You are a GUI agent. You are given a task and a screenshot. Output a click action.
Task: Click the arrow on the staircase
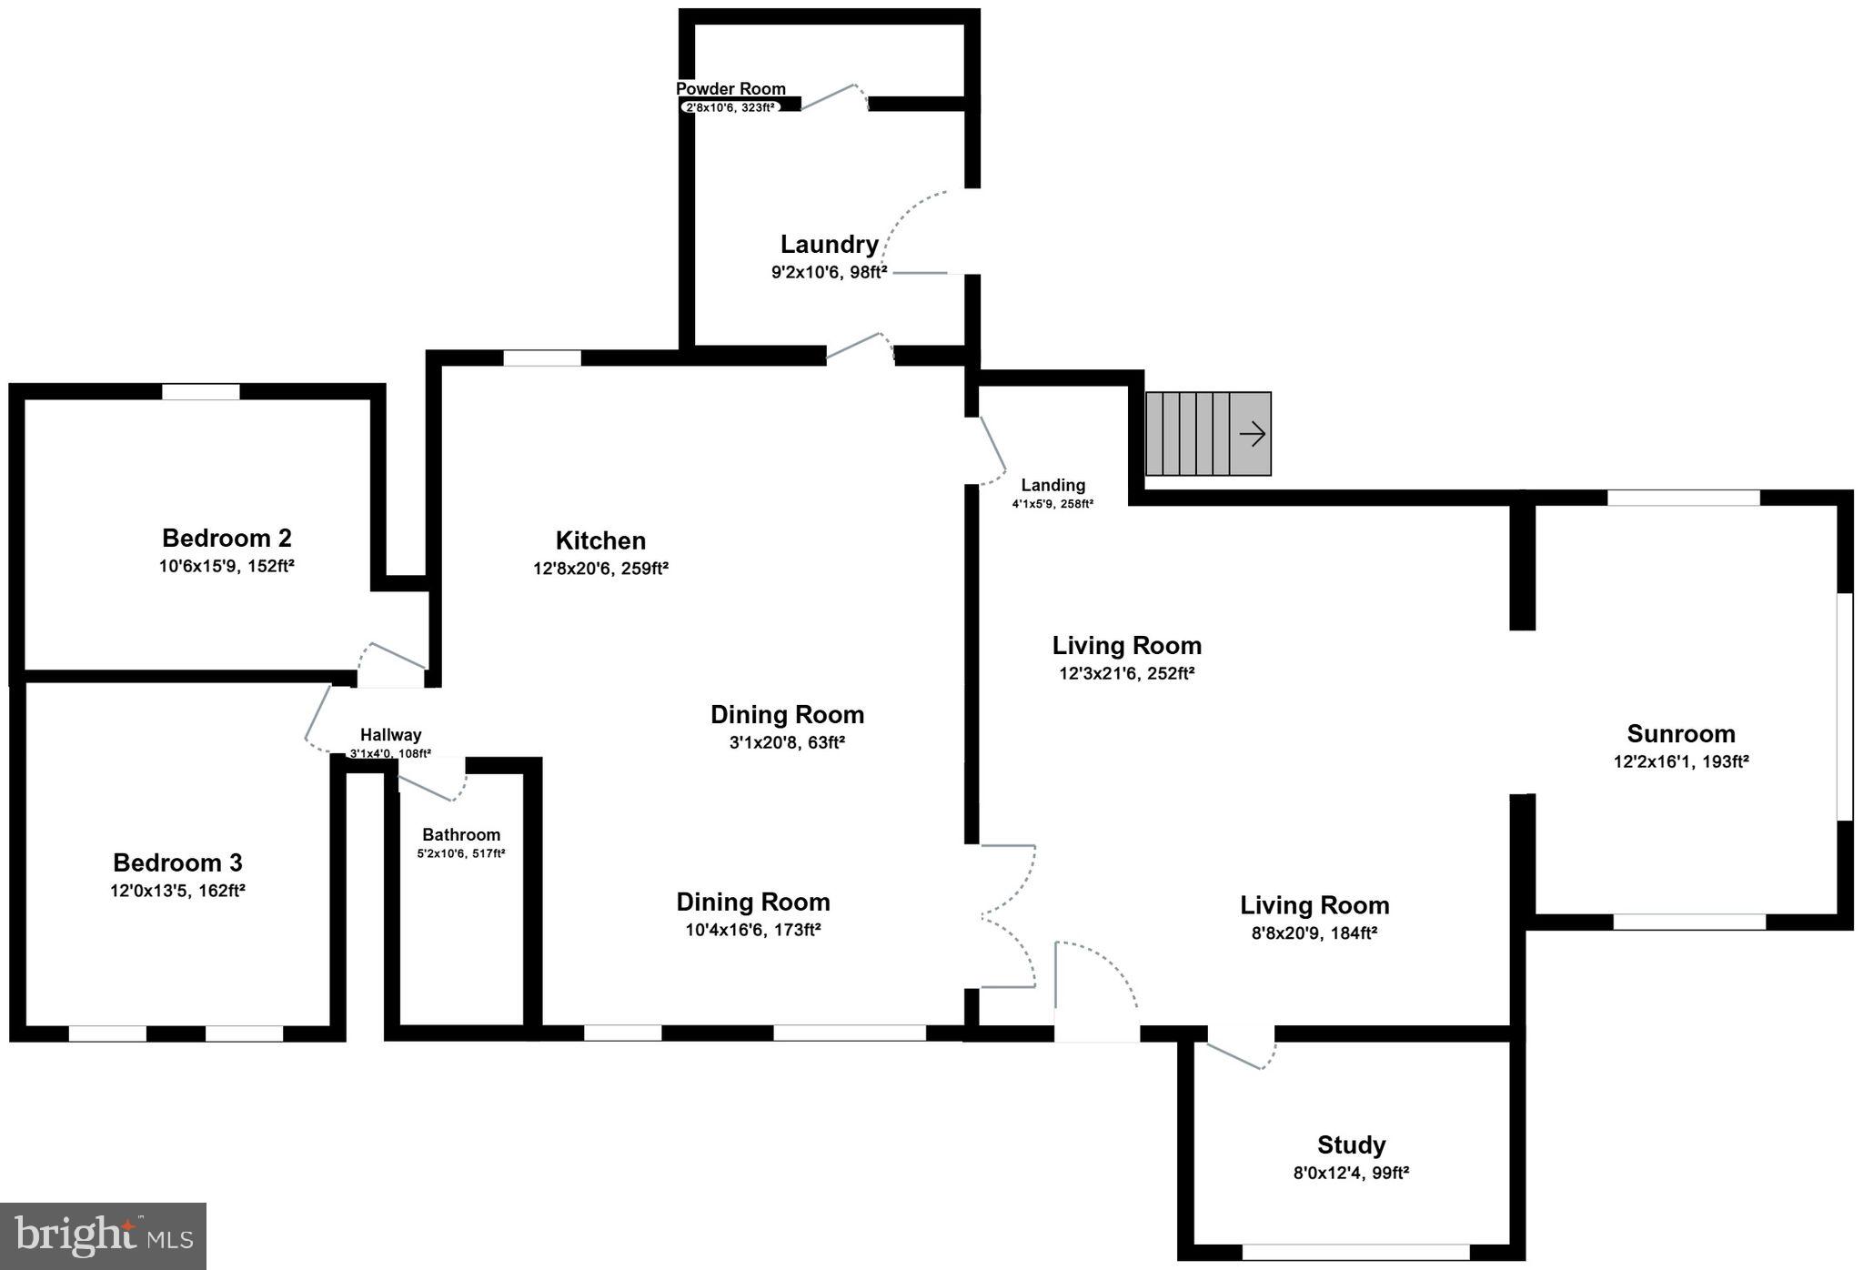click(x=1252, y=434)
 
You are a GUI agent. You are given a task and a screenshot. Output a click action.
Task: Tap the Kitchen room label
click(x=600, y=540)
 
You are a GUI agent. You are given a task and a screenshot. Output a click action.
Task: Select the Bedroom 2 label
click(x=227, y=538)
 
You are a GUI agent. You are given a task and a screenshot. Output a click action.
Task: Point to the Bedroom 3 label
click(x=177, y=862)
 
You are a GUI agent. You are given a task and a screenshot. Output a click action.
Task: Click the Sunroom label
click(x=1680, y=733)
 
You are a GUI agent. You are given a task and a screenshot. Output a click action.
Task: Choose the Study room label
click(x=1351, y=1144)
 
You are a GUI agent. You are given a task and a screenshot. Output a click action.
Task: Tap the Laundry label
click(x=829, y=244)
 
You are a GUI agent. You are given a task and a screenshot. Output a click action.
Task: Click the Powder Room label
click(x=730, y=88)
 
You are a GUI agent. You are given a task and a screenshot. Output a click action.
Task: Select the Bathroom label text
click(x=461, y=834)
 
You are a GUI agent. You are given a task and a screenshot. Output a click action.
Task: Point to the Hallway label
click(x=390, y=735)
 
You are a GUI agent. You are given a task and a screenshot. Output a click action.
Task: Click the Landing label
click(x=1052, y=485)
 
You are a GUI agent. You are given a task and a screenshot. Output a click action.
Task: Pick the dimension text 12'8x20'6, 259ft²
click(x=600, y=569)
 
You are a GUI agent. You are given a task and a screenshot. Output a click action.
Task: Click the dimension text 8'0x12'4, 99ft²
click(x=1351, y=1173)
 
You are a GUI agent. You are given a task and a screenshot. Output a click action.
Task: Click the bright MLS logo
click(x=103, y=1235)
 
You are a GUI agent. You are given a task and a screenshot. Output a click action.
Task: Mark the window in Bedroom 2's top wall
click(x=201, y=392)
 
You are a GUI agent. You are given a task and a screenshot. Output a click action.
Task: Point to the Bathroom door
click(x=432, y=786)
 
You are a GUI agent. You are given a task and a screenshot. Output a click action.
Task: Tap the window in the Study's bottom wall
click(x=1354, y=1252)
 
